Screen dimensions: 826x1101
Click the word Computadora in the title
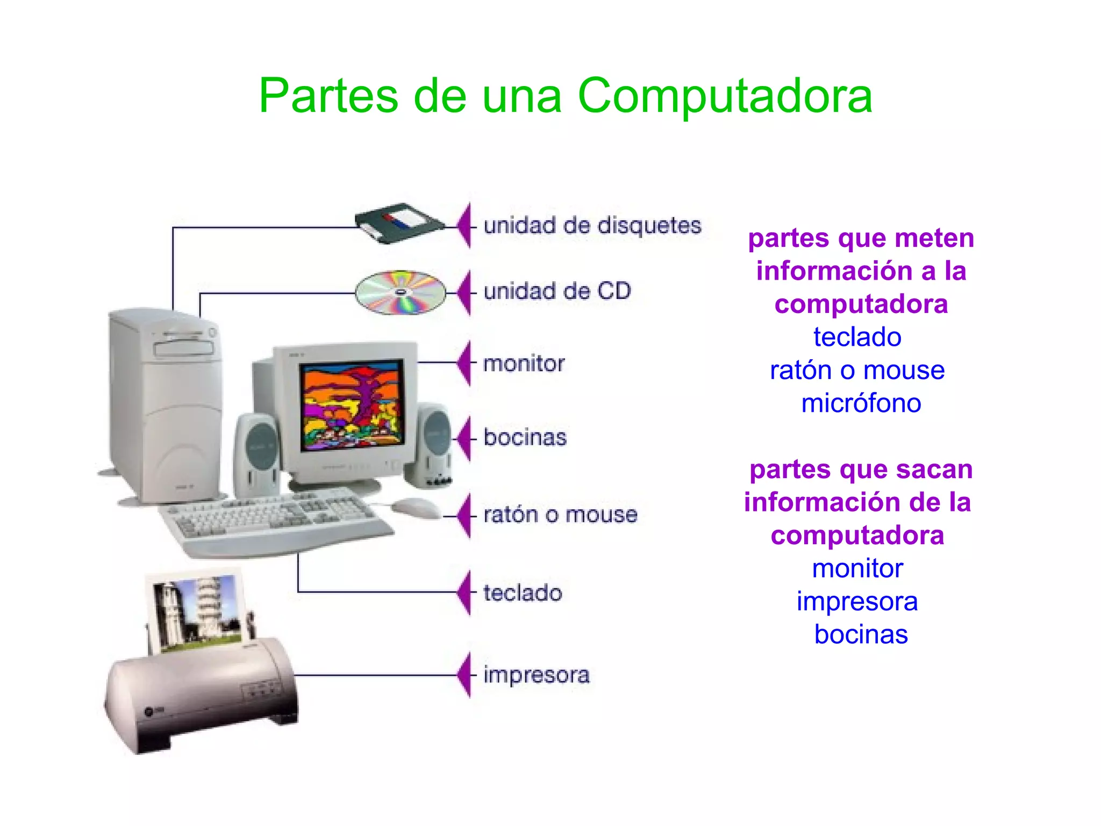tap(724, 97)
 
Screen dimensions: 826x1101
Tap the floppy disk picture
tap(399, 223)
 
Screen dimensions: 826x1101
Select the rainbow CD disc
tap(401, 293)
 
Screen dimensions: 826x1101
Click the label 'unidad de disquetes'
tap(592, 225)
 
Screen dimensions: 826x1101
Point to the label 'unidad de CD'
tap(557, 291)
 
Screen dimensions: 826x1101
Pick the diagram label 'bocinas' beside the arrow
tap(525, 437)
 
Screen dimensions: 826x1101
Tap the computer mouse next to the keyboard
tap(415, 507)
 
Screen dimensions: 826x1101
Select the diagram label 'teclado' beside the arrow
tap(523, 593)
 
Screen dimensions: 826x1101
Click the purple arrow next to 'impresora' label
tap(465, 674)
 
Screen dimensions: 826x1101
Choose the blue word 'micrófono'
tap(861, 403)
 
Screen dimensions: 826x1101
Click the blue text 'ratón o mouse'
tap(857, 371)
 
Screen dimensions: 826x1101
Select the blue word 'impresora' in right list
tap(857, 601)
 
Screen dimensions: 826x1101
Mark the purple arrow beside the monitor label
tap(465, 363)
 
